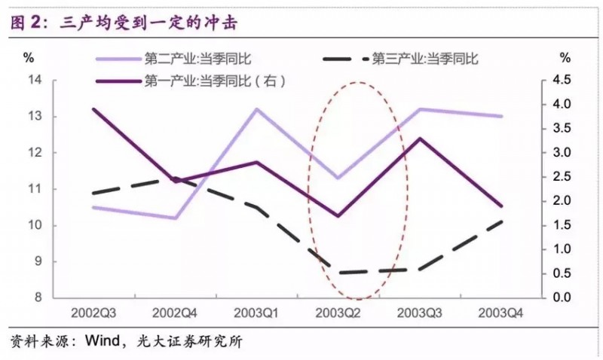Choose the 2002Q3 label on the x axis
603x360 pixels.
pos(93,312)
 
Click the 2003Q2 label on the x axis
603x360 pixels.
pos(337,312)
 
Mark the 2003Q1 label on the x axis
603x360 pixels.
pos(256,312)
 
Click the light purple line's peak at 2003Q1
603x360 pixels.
pos(256,109)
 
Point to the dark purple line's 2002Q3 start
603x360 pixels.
pos(93,109)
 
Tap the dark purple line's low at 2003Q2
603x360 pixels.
pos(337,215)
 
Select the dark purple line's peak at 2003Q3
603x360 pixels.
pos(419,139)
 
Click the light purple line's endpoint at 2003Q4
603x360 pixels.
pos(500,116)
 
